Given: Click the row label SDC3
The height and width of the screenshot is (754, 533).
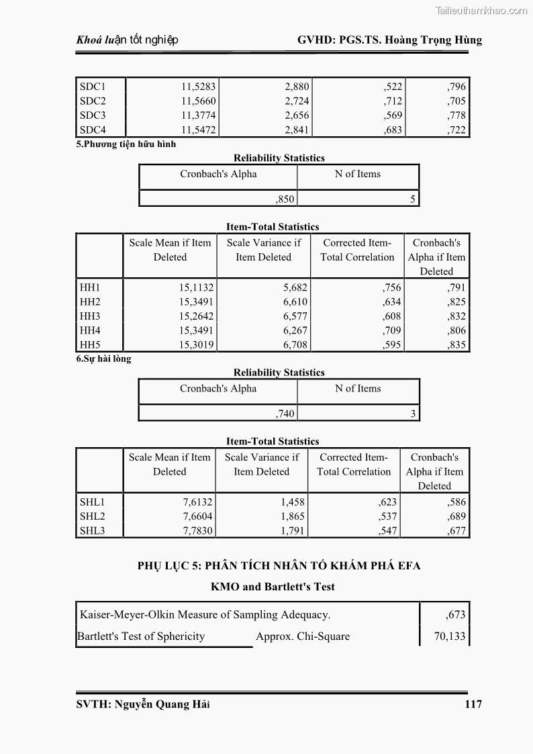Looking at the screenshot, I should [93, 115].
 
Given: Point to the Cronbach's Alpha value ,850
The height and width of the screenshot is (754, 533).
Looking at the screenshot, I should [285, 199].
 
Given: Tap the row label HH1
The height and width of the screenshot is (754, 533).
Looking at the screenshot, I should [90, 287].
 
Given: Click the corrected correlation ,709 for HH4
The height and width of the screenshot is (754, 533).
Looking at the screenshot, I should [392, 330].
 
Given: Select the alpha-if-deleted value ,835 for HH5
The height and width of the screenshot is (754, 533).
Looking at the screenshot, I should [456, 345].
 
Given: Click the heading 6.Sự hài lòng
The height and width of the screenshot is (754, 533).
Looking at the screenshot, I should [103, 359].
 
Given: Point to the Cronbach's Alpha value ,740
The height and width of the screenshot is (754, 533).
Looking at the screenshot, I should [285, 414].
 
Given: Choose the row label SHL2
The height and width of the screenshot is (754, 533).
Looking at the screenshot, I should [93, 516].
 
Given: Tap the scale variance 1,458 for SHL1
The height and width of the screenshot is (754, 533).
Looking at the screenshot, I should [292, 502].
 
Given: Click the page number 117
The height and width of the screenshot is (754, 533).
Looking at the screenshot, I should [473, 704].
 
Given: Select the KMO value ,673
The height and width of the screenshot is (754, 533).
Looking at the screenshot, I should [454, 614].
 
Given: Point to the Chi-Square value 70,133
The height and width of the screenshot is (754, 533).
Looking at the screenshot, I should [449, 637].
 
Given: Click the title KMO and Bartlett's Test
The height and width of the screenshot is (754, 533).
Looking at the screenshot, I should [273, 587].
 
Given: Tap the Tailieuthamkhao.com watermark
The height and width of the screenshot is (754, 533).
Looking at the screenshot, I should [481, 10].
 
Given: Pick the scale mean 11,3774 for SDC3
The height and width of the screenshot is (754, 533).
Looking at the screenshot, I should [198, 115].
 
